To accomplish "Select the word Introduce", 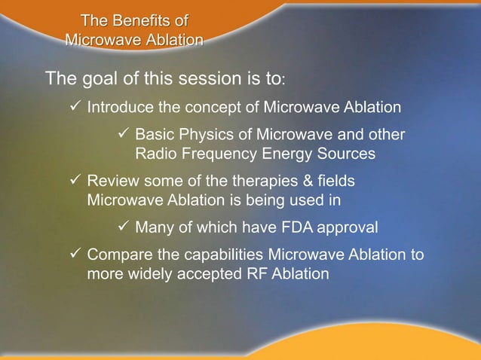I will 119,108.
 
